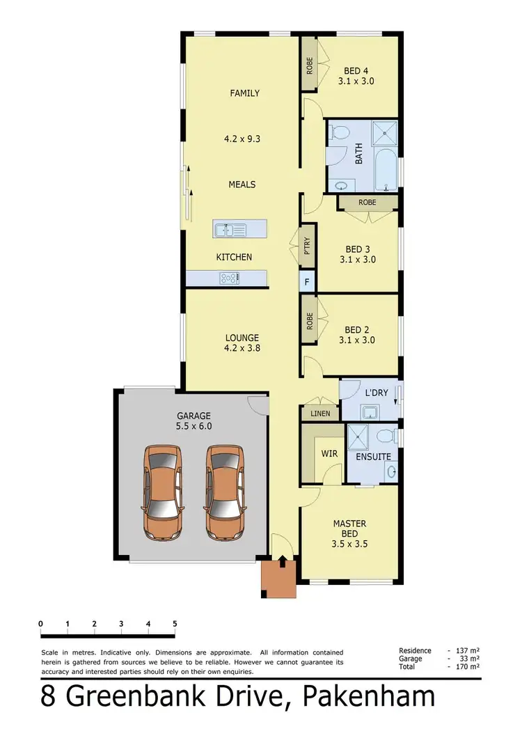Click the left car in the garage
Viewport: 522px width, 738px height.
point(163,492)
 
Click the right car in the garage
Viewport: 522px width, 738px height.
point(225,492)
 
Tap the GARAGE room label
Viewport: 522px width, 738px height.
point(193,416)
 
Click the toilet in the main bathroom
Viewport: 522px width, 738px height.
point(339,132)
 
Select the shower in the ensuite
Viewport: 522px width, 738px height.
point(360,437)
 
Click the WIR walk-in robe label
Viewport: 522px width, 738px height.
point(329,454)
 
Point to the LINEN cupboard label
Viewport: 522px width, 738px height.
point(319,414)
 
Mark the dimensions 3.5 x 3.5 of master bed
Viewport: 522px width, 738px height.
point(349,544)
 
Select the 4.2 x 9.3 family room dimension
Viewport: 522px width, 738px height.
point(242,139)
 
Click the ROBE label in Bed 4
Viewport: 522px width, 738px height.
point(308,65)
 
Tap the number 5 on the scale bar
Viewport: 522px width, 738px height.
point(175,623)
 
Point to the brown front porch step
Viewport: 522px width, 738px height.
point(279,579)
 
